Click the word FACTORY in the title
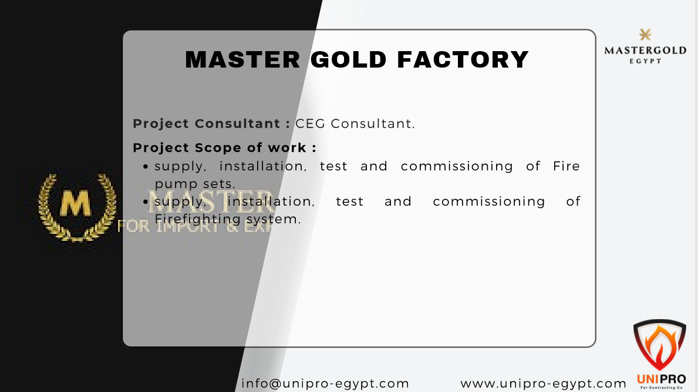tap(463, 59)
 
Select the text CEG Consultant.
tap(355, 123)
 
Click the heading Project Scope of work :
tap(225, 147)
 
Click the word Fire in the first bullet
tap(567, 166)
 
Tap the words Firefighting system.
tap(228, 219)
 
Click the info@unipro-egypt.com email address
tap(325, 383)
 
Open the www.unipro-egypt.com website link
tap(544, 383)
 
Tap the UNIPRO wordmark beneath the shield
tap(661, 379)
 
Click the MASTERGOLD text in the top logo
tap(645, 51)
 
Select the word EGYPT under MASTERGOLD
tap(645, 61)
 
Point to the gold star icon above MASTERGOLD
tap(645, 35)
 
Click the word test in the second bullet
tap(350, 201)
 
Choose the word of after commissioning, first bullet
tap(533, 166)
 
